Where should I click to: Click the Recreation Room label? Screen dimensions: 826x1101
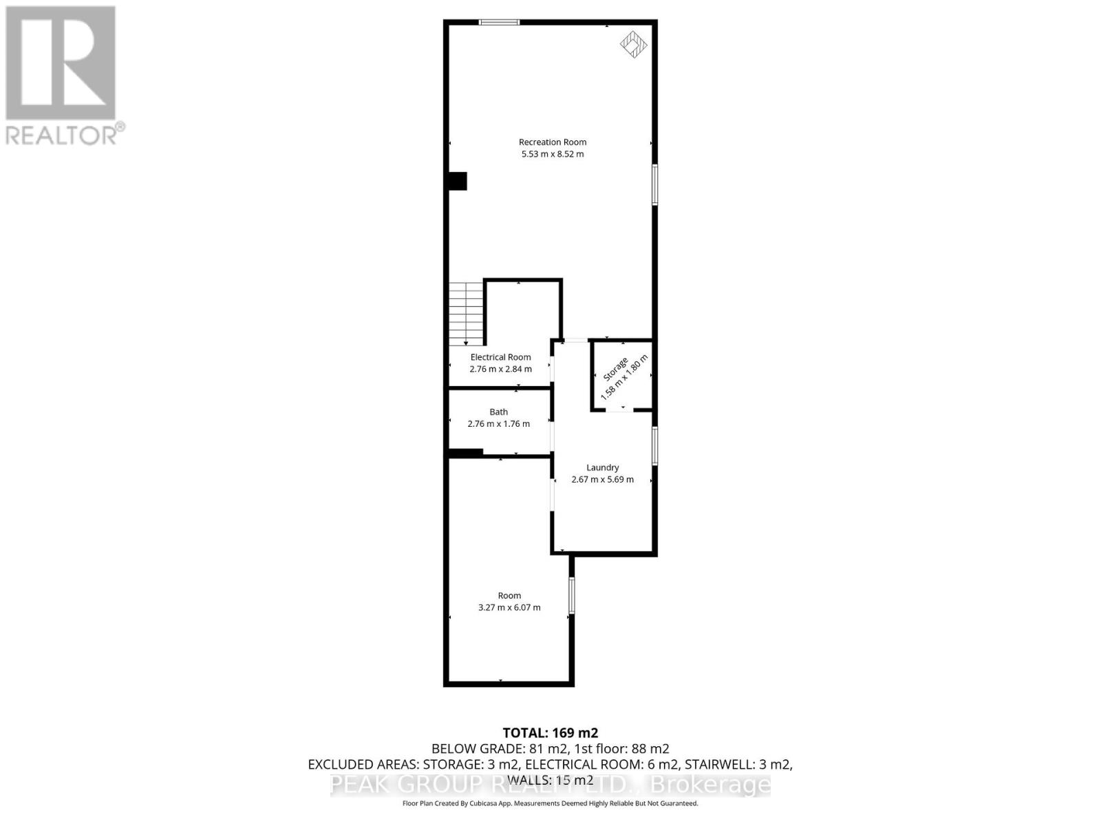[553, 142]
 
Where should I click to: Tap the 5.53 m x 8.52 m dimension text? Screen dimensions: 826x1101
[553, 154]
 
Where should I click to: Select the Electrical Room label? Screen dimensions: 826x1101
[500, 357]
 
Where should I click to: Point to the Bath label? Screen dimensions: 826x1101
[499, 412]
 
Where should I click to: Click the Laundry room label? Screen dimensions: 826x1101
[603, 467]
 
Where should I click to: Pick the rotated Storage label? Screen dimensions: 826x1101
[615, 370]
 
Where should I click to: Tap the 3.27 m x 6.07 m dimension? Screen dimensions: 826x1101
[509, 608]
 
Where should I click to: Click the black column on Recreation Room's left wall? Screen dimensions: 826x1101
[458, 181]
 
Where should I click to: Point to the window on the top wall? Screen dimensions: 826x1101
[500, 23]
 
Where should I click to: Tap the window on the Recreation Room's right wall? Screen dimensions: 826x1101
[654, 184]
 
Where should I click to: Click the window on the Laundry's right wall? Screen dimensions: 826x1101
[654, 446]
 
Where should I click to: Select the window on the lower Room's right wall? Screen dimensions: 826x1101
[571, 595]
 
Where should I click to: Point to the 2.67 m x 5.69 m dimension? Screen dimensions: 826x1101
[603, 480]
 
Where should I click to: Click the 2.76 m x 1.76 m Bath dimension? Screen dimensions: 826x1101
[499, 424]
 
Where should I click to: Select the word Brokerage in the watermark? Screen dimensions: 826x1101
[710, 785]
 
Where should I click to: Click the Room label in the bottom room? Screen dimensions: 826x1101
[509, 596]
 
